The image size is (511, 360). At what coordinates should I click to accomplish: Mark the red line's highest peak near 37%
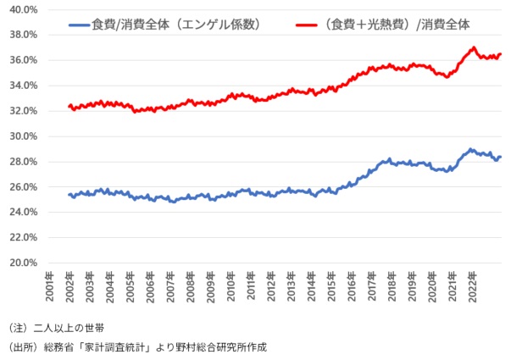473,48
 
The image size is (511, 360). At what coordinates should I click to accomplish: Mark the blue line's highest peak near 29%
471,149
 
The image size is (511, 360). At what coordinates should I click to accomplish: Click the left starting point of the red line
69,106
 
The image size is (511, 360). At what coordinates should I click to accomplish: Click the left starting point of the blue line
69,195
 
